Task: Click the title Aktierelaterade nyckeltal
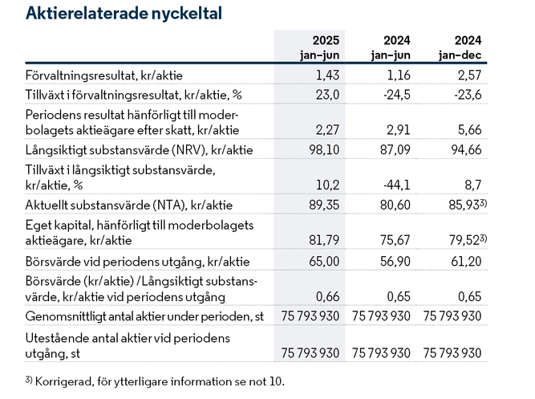(x=124, y=14)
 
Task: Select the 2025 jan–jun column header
(x=320, y=47)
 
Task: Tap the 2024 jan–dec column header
(x=460, y=47)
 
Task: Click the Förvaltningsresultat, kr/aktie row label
(x=104, y=75)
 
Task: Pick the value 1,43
(x=327, y=75)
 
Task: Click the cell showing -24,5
(x=397, y=95)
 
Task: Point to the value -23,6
(x=468, y=95)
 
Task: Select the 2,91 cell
(x=399, y=130)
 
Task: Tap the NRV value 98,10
(x=324, y=149)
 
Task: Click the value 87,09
(x=395, y=149)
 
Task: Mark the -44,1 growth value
(x=397, y=185)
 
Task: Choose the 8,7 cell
(x=473, y=185)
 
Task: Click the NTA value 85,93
(x=464, y=205)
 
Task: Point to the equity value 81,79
(x=324, y=240)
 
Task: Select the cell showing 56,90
(x=395, y=262)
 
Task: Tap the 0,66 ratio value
(x=327, y=296)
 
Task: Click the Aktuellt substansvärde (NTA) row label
(x=129, y=206)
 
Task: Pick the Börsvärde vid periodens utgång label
(x=137, y=262)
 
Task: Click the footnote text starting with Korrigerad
(x=160, y=381)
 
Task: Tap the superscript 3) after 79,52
(x=484, y=238)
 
